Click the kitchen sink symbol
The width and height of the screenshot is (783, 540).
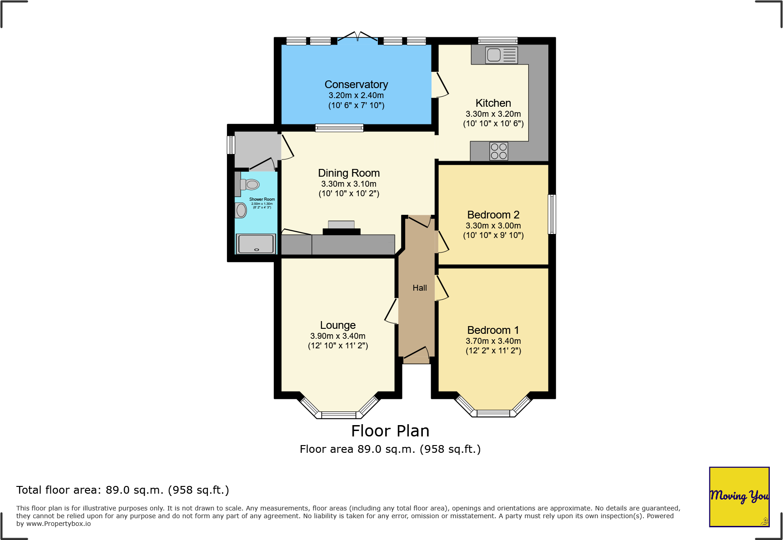coord(501,55)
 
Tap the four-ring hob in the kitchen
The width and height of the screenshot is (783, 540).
coord(499,151)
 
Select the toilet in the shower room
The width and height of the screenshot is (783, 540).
coord(251,184)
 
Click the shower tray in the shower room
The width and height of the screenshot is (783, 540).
coord(256,244)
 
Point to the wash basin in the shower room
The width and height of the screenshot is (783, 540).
coord(241,210)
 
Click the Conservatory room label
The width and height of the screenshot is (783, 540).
coord(356,84)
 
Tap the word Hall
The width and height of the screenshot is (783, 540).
coord(419,288)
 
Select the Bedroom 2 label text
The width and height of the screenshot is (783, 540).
coord(493,215)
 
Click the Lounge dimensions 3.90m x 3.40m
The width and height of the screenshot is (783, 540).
coord(337,336)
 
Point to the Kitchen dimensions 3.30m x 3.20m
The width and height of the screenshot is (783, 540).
coord(493,114)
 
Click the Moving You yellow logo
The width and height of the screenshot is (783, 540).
coord(739,496)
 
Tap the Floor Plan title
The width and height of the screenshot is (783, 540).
coord(390,431)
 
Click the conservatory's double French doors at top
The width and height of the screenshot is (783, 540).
coord(357,37)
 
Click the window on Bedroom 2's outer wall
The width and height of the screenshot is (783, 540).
coord(552,214)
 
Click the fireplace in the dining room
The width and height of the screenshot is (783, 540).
coord(341,228)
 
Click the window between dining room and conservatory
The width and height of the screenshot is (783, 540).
coord(339,128)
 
